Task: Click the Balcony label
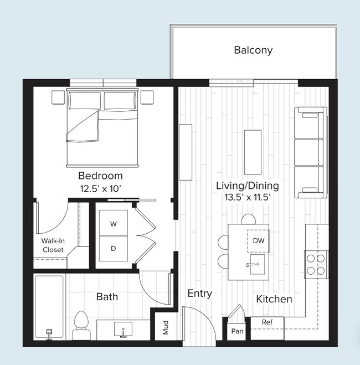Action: tap(253, 50)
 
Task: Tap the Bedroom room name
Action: tap(100, 176)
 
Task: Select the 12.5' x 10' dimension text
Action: tap(100, 189)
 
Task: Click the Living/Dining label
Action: tap(248, 186)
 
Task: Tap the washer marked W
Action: tap(113, 224)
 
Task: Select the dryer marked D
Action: tap(113, 248)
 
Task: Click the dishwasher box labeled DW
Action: tap(258, 240)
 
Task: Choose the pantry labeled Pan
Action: tap(237, 331)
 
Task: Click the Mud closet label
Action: tap(166, 328)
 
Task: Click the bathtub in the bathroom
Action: tap(49, 306)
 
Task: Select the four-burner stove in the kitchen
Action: tap(315, 264)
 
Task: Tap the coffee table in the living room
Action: tap(253, 152)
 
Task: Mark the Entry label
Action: tap(199, 294)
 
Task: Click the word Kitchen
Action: tap(274, 299)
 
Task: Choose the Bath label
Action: tap(107, 296)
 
